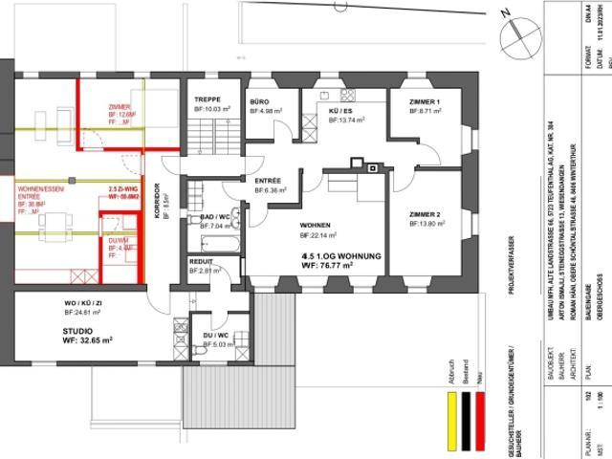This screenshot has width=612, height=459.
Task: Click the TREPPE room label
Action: pyautogui.click(x=208, y=100)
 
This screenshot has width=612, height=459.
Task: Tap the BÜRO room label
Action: pyautogui.click(x=259, y=101)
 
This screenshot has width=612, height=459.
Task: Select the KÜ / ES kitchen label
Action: pyautogui.click(x=340, y=110)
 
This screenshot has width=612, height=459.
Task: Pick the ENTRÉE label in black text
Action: pyautogui.click(x=268, y=180)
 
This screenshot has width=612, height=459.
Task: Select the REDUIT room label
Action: pyautogui.click(x=201, y=260)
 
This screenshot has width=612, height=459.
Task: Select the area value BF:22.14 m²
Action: pyautogui.click(x=322, y=235)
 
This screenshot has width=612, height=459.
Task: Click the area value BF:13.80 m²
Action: pyautogui.click(x=426, y=223)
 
